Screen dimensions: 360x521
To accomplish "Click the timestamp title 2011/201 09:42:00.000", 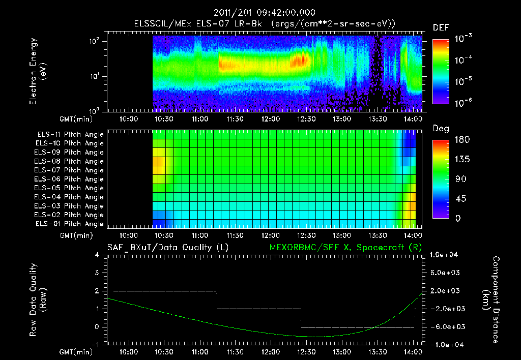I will tap(264, 13).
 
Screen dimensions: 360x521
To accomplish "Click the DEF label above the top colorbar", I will tap(441, 27).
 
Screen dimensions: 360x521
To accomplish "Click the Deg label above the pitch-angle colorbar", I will tap(440, 129).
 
